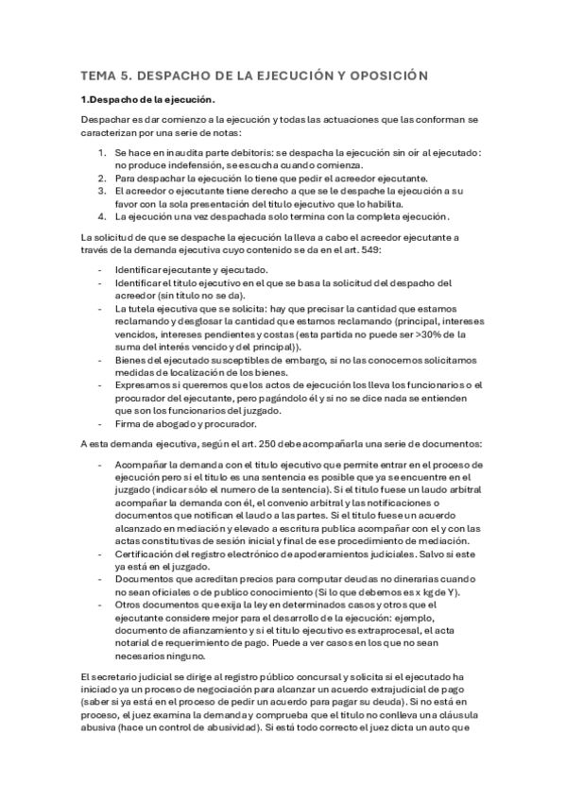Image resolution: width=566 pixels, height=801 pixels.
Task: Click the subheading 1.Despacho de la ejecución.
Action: coord(148,99)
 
